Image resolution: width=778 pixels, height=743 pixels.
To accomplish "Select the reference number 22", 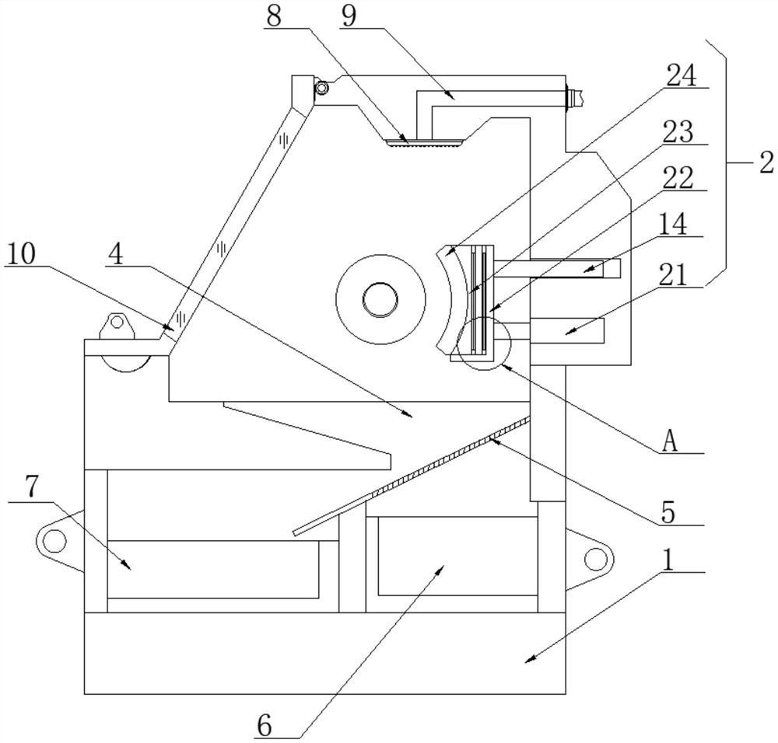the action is [678, 178].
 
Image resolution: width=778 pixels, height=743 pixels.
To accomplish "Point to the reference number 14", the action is [672, 224].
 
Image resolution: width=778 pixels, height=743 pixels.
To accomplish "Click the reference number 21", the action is [673, 274].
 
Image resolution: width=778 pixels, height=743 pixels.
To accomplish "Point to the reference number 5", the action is [669, 512].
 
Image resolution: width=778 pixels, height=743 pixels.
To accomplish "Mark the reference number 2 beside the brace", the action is [766, 163].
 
